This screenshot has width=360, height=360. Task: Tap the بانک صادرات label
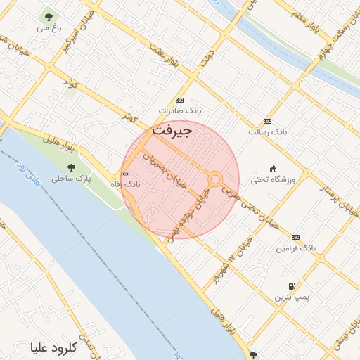pos(180,110)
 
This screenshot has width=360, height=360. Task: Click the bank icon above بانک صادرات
pos(180,100)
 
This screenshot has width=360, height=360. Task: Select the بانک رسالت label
pos(268,131)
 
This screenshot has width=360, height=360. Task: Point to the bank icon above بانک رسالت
pos(267,121)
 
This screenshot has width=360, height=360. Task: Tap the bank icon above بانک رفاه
pos(126,174)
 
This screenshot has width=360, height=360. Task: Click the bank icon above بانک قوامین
pos(295,237)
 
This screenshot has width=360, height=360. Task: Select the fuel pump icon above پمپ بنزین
pos(291,287)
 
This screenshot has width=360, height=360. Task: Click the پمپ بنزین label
pos(292,298)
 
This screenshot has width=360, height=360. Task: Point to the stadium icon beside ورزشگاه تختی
pos(273,168)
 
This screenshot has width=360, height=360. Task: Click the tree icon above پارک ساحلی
pos(71,167)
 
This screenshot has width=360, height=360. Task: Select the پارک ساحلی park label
pos(71,179)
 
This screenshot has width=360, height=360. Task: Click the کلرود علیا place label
pos(53,347)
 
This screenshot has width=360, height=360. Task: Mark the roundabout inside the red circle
pos(215,179)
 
